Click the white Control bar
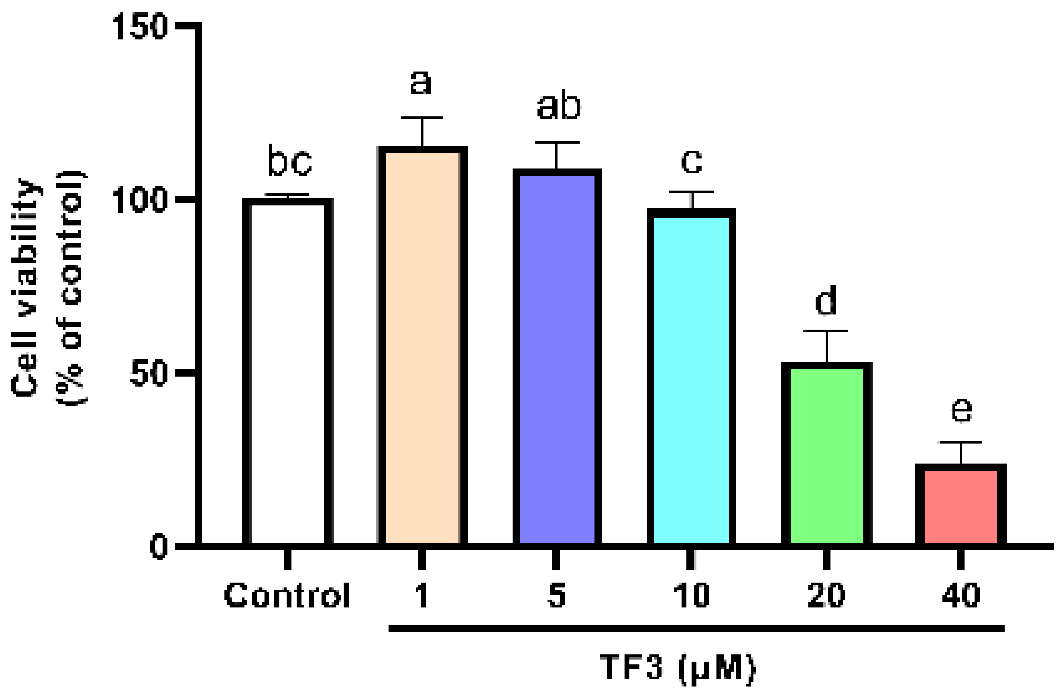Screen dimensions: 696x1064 287,373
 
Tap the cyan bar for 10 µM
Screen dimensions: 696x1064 691,379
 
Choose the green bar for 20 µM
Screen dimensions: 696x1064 826,456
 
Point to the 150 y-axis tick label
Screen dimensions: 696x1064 140,27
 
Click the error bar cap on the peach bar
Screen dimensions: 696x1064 422,117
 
